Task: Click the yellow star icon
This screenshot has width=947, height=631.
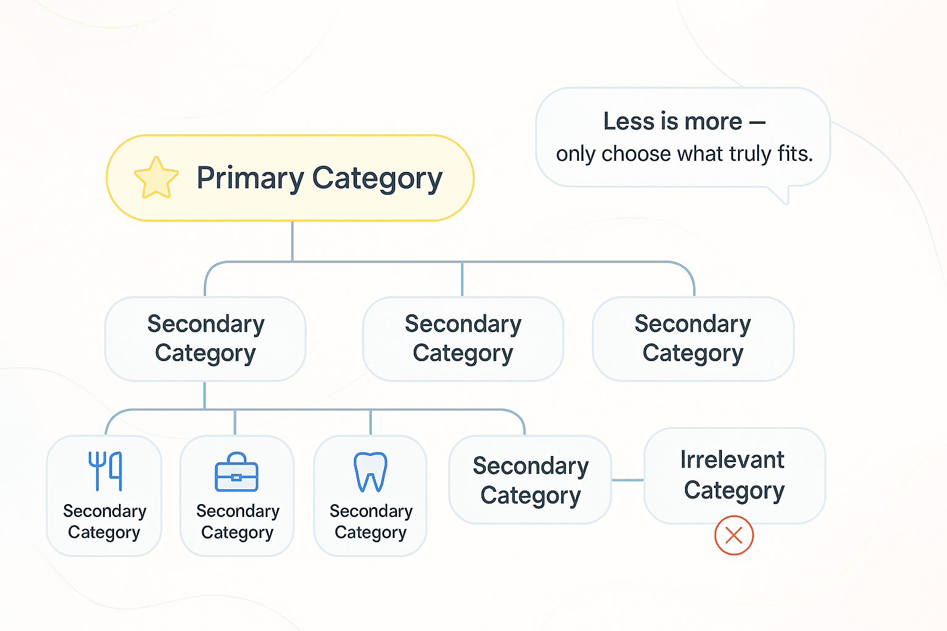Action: [x=156, y=177]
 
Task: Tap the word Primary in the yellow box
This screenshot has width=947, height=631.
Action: [x=250, y=179]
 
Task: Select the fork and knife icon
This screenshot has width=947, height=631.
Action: [x=105, y=471]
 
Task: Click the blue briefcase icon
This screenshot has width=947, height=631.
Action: [x=236, y=472]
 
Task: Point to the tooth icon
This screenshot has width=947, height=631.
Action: [x=371, y=472]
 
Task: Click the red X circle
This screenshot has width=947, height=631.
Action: [x=734, y=535]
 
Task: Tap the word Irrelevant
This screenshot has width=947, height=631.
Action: [x=732, y=460]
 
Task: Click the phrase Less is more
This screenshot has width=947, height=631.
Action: [x=673, y=122]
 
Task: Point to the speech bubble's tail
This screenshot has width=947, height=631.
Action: [x=781, y=195]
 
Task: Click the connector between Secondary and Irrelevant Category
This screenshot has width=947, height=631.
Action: [x=628, y=479]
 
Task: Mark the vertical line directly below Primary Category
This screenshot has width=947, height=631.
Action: [x=292, y=241]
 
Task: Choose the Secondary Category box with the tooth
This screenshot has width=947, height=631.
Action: [x=371, y=496]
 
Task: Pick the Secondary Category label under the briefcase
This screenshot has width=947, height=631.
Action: [x=237, y=521]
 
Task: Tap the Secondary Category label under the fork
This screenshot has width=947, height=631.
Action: [x=104, y=521]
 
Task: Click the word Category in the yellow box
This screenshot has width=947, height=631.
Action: [x=377, y=179]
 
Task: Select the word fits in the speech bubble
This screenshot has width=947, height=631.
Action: [x=795, y=153]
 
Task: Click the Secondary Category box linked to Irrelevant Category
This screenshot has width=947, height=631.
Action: [x=530, y=479]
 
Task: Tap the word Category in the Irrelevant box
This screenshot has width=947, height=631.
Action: [x=734, y=491]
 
